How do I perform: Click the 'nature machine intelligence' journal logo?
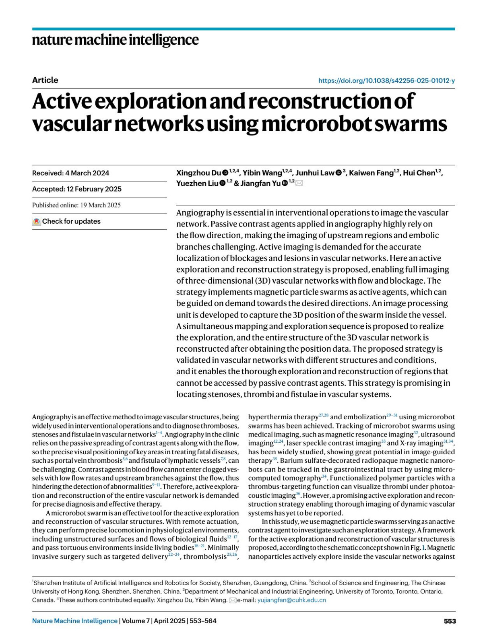(x=115, y=40)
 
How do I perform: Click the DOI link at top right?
(x=386, y=80)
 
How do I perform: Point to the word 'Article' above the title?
(x=45, y=80)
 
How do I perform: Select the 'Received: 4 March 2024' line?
(x=70, y=173)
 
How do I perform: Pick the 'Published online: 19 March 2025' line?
(x=76, y=205)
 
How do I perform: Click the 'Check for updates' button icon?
(x=37, y=221)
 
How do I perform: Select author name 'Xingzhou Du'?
(x=198, y=173)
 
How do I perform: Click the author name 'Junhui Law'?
(x=315, y=173)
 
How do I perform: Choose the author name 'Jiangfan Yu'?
(x=260, y=183)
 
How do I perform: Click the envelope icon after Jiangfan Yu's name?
(x=299, y=183)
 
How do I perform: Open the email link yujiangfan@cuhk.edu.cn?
(x=291, y=600)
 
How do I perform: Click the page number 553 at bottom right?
(x=450, y=621)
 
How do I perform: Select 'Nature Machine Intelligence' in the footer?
(x=75, y=621)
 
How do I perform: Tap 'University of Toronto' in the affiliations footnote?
(x=363, y=592)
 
